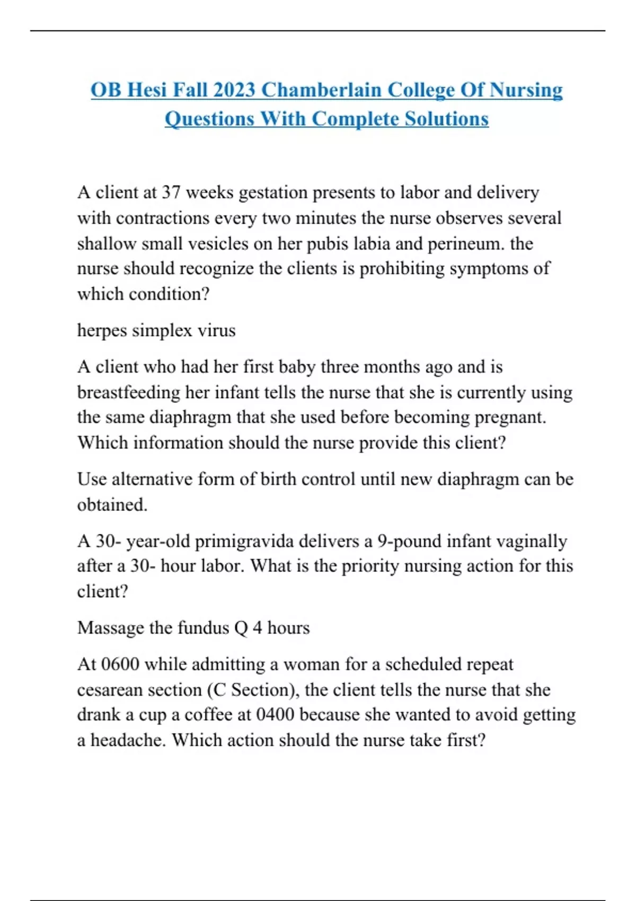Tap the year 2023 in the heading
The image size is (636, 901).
234,90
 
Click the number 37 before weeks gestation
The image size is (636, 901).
171,192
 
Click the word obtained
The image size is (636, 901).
112,505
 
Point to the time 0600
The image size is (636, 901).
120,664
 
